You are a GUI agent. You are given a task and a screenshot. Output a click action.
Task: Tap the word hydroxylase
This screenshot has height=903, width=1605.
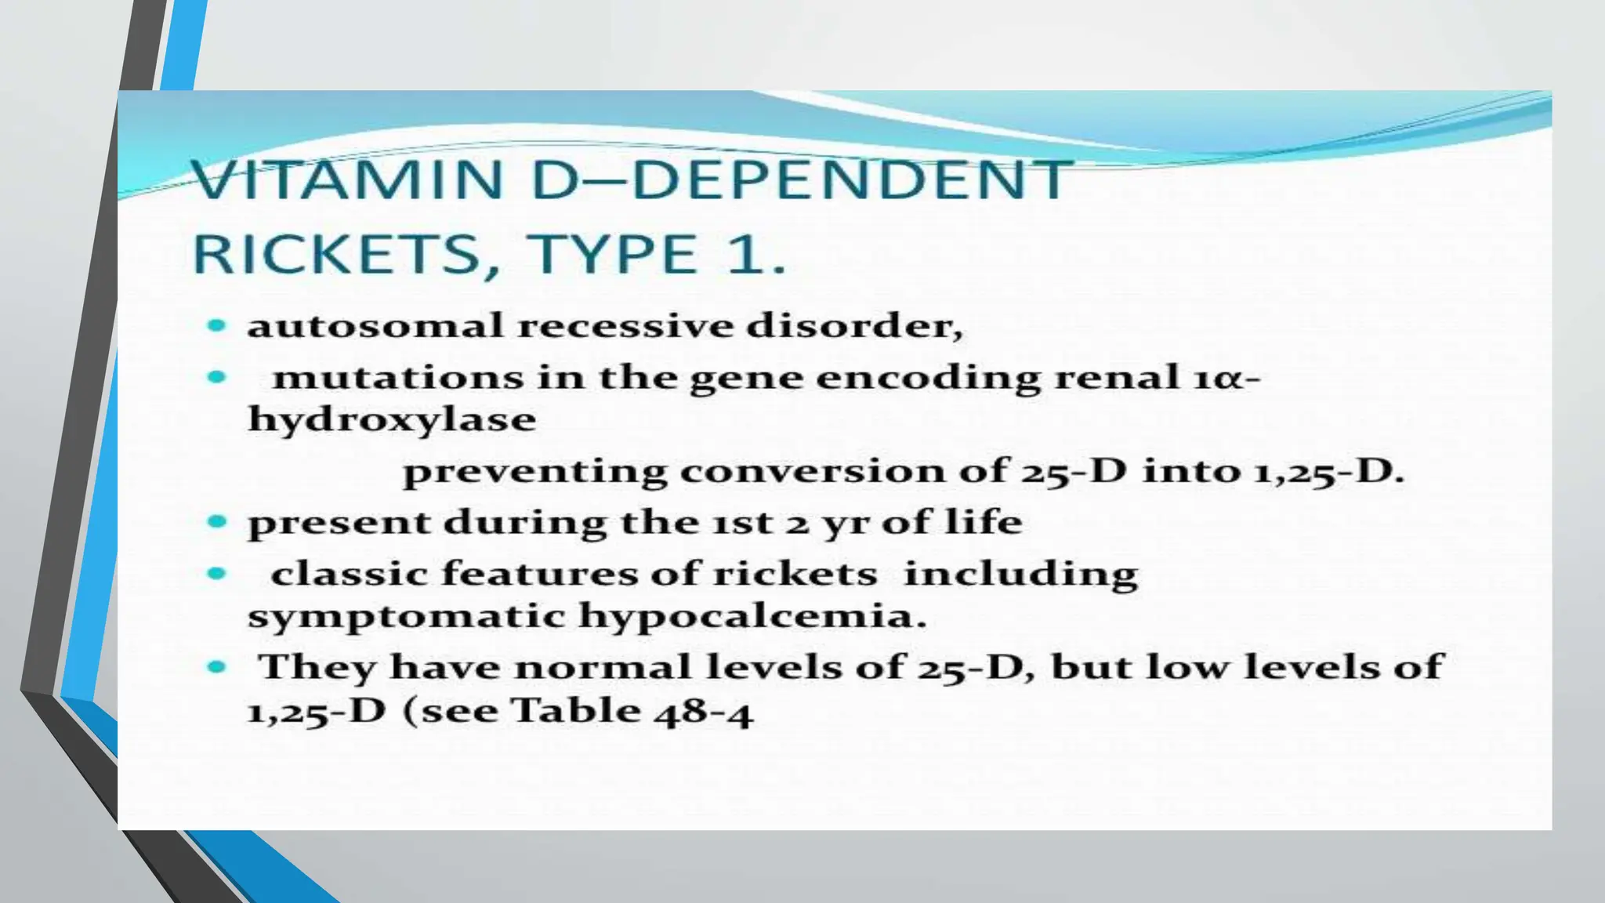[392, 419]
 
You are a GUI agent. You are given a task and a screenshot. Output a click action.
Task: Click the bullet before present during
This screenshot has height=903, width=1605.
[217, 521]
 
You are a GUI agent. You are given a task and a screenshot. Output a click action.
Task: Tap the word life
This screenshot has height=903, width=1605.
[984, 521]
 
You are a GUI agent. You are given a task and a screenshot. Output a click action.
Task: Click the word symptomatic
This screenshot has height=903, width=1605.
[406, 616]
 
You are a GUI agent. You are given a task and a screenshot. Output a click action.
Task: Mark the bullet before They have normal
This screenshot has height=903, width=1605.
[217, 667]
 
